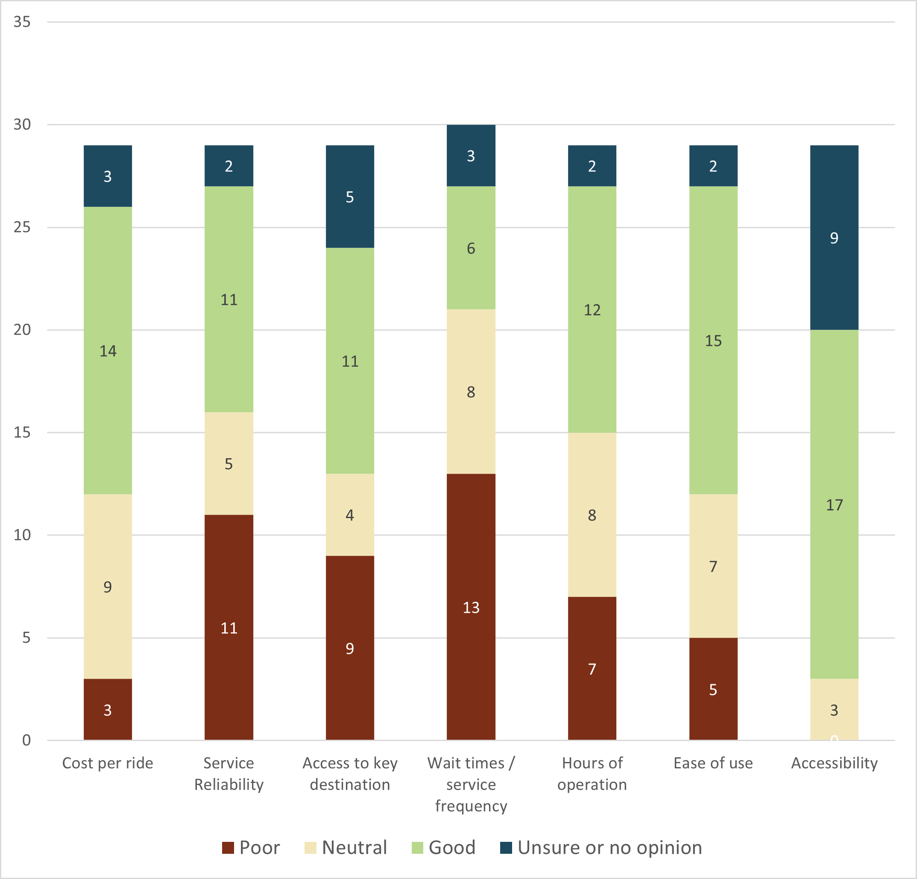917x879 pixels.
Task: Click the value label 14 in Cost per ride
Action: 108,351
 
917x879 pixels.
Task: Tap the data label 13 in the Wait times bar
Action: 471,607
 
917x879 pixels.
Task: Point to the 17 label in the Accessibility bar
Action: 834,505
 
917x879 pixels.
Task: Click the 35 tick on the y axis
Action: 22,22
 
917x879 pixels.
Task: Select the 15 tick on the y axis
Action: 22,432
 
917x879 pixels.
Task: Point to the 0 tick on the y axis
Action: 26,740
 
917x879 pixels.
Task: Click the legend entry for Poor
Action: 251,848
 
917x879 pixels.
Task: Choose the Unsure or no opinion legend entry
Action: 601,848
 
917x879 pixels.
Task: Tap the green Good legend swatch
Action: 417,848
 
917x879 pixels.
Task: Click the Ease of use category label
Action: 713,763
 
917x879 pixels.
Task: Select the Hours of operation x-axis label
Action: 592,774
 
